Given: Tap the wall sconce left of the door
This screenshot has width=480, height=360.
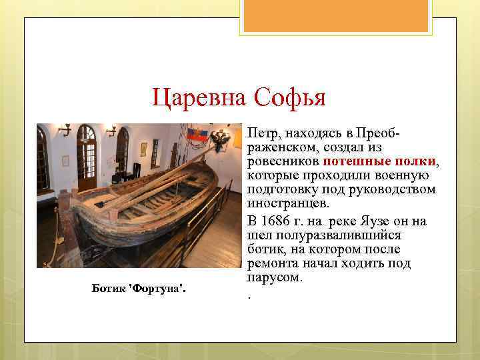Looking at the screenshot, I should coord(64,129).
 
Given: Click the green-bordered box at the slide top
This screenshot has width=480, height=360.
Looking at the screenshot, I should coord(337,17).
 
